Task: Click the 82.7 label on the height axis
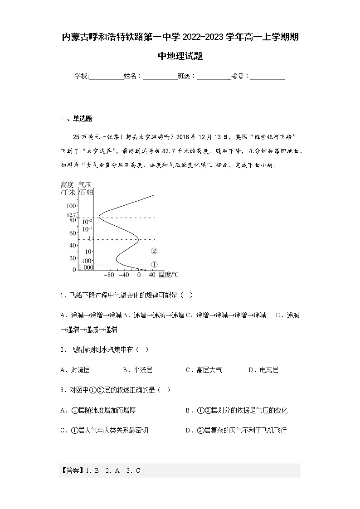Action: [x=71, y=215]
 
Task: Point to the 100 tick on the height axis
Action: [x=71, y=206]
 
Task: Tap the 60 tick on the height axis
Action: [x=72, y=233]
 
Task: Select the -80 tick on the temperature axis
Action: [x=109, y=275]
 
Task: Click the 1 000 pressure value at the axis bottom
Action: [x=86, y=267]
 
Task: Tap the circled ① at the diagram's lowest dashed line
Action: [x=154, y=265]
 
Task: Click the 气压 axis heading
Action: [x=85, y=184]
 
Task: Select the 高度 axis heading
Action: [x=67, y=184]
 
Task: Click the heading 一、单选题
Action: [x=76, y=119]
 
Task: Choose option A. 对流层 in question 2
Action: [x=75, y=370]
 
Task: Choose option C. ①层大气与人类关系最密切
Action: [x=104, y=430]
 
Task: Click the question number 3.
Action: [x=62, y=390]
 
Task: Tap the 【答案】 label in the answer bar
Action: [x=70, y=470]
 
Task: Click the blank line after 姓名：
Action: [x=160, y=77]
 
